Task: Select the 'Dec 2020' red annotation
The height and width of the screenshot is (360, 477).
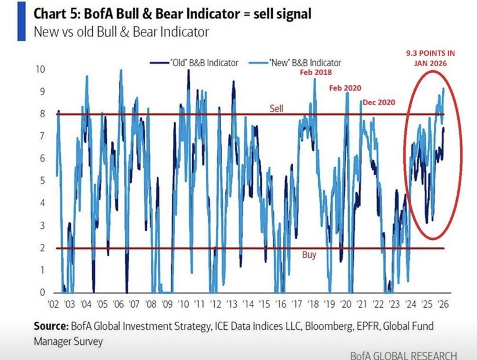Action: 378,102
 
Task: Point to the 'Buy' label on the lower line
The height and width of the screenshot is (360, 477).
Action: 309,254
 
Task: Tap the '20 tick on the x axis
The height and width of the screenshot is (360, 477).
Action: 349,304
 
